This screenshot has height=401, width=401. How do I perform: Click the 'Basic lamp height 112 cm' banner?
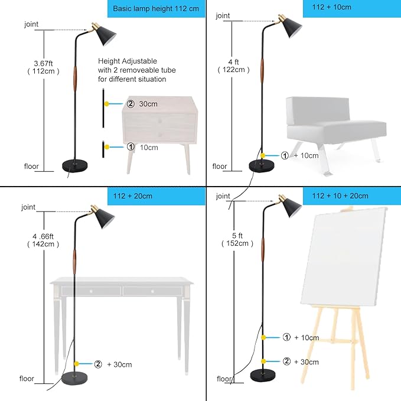[157, 9]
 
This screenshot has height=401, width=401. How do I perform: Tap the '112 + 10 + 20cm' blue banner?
[352, 196]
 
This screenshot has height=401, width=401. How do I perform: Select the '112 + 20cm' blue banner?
[157, 196]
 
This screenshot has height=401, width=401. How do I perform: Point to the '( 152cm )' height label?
[237, 243]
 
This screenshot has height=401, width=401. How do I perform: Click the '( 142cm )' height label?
[43, 244]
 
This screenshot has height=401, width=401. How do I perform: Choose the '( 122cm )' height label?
[233, 70]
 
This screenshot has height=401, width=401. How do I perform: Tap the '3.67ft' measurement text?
[43, 63]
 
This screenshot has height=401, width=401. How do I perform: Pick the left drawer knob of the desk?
[91, 291]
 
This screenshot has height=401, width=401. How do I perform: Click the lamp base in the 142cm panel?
[74, 378]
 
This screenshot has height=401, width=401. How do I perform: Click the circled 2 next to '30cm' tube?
[131, 103]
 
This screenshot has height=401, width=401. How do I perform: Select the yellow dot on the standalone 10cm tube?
[107, 147]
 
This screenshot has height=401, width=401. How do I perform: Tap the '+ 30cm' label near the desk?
[119, 364]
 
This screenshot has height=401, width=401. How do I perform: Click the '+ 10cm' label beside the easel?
[307, 338]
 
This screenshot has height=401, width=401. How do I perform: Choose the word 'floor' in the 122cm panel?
[220, 167]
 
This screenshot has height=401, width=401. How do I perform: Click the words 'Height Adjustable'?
[128, 61]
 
